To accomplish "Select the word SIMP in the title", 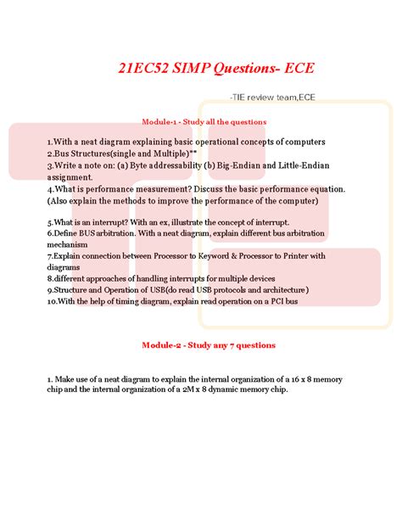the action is point(188,67).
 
